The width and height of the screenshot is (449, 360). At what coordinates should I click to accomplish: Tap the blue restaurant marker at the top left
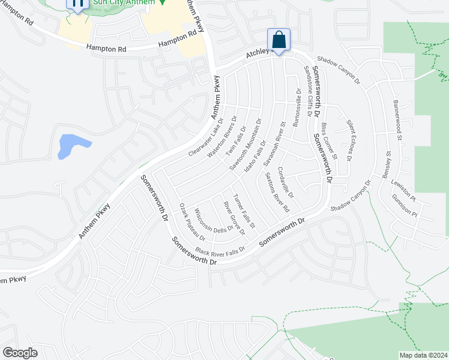(x=77, y=4)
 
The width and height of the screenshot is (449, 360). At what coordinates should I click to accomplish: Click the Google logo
(x=20, y=353)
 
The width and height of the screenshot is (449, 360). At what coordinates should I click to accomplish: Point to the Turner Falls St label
(x=244, y=211)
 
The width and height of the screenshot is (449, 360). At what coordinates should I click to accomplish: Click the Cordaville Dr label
(x=286, y=186)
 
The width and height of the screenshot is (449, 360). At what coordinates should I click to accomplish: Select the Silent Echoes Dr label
(x=349, y=140)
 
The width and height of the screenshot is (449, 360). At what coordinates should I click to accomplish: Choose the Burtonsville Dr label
(x=297, y=107)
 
